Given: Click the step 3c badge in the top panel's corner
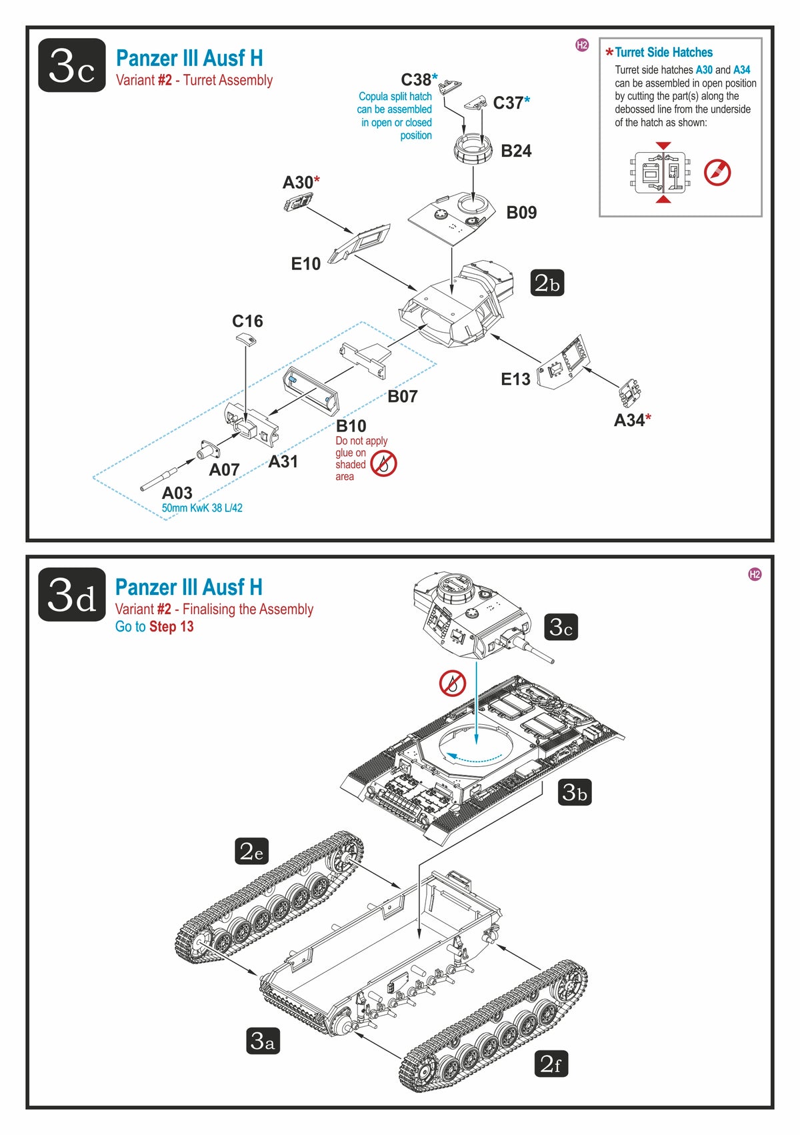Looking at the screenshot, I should (72, 65).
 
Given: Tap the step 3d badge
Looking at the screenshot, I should (72, 594).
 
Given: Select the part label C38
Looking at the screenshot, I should (416, 80).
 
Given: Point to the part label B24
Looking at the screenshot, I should (516, 151).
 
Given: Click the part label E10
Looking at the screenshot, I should (306, 264).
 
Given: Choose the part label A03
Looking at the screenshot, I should (177, 493).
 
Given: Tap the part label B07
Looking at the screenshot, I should (403, 397).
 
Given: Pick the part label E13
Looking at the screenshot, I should (515, 379).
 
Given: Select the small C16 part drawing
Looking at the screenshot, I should (246, 339).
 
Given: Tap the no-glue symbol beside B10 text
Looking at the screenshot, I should (384, 463).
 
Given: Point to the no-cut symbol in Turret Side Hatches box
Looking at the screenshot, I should (717, 173).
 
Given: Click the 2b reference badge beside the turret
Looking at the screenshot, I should (547, 283).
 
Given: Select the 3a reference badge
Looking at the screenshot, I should (262, 1040).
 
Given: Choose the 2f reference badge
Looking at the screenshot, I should (551, 1064).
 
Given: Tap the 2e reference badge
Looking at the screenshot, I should (251, 851).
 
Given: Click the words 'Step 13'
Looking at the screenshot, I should (171, 627).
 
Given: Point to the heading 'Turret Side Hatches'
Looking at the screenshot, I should (663, 53).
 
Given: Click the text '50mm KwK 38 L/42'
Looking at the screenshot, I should (202, 508).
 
